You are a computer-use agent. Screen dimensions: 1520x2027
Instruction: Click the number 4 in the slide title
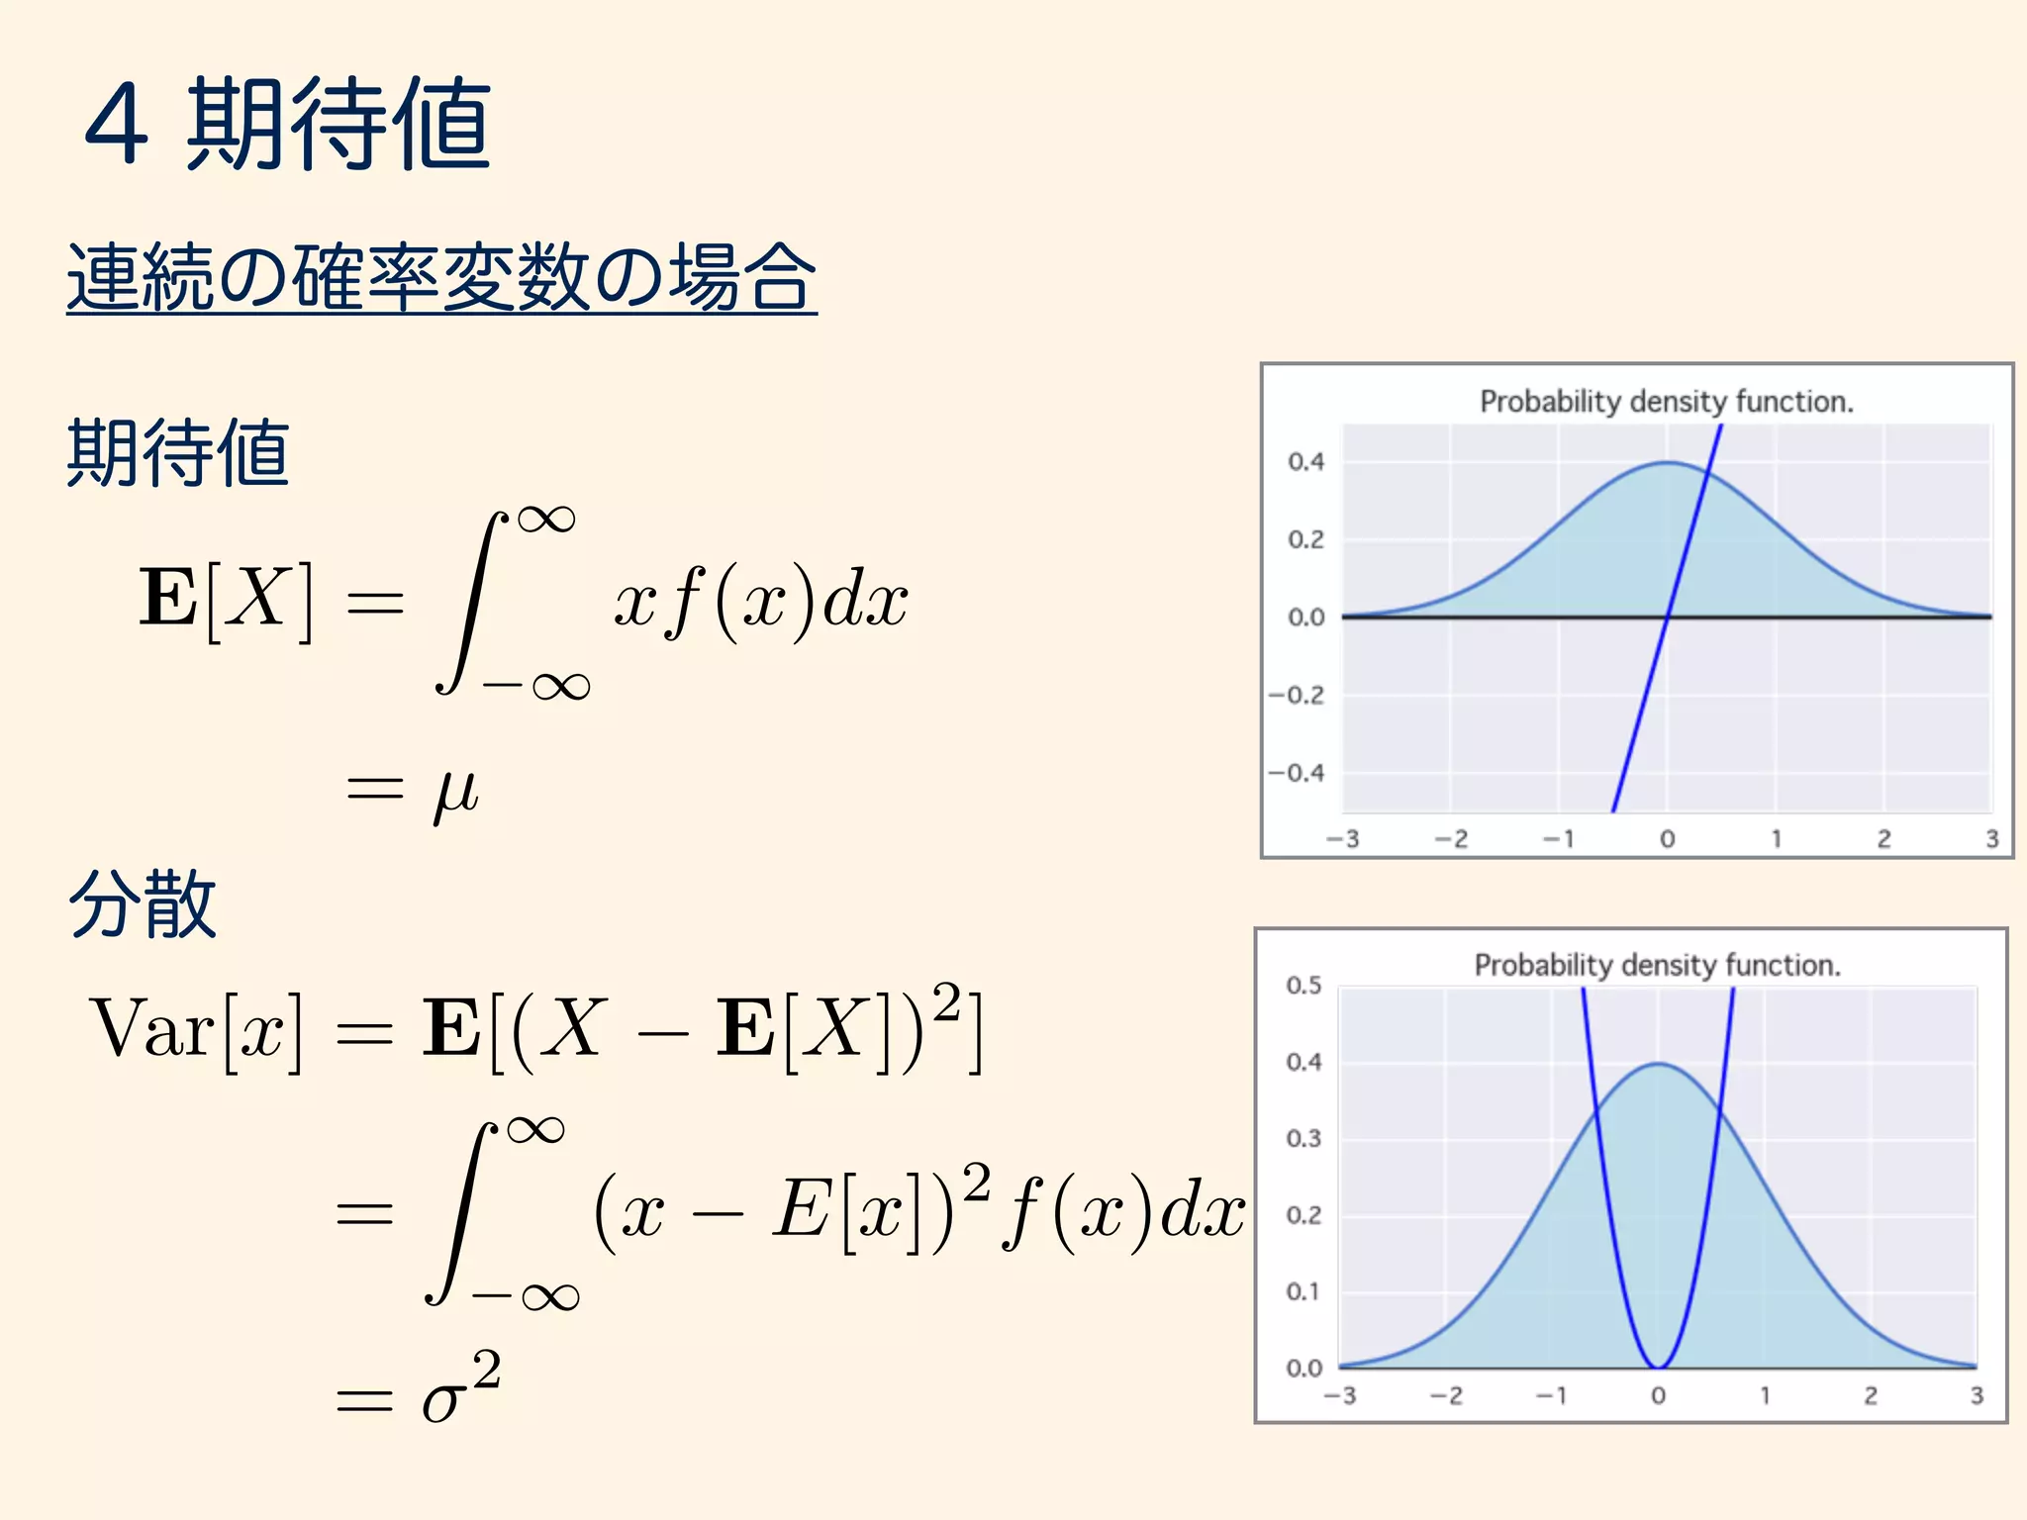click(117, 125)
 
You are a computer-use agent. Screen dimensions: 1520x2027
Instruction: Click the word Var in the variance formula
click(151, 1029)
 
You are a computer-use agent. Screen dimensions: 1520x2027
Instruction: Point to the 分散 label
click(143, 903)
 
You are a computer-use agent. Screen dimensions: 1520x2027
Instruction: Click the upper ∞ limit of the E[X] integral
click(545, 519)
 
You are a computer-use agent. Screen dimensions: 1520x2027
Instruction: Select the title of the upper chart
click(1667, 402)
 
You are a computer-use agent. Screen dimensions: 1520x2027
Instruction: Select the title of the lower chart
click(1658, 965)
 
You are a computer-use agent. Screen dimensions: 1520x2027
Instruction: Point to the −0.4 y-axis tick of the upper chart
click(1296, 773)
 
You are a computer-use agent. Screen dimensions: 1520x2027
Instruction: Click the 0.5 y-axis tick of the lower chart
click(1303, 985)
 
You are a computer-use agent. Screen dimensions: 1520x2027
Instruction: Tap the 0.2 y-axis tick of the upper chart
click(1305, 539)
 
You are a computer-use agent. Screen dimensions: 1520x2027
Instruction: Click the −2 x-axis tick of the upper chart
click(1451, 839)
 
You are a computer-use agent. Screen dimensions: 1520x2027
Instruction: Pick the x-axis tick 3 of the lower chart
click(1977, 1395)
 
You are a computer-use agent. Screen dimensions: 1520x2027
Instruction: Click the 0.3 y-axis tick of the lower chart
click(1303, 1138)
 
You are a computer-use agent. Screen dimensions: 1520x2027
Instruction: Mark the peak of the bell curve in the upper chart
click(1668, 462)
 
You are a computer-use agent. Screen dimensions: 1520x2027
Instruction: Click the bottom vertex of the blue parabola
click(1658, 1367)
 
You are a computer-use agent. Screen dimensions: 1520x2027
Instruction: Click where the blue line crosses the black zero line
click(1668, 617)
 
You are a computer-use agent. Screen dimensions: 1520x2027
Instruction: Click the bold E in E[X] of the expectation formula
click(168, 598)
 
